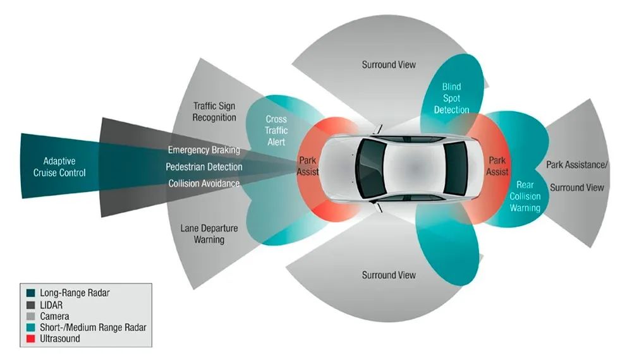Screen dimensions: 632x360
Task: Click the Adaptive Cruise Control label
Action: click(x=59, y=167)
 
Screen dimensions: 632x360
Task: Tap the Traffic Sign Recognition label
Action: click(x=214, y=112)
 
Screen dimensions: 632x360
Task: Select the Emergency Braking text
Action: click(x=204, y=150)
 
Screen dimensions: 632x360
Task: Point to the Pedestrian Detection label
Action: click(x=204, y=167)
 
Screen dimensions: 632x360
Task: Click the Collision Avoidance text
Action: click(x=204, y=183)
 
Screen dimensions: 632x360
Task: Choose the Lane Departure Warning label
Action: click(x=209, y=234)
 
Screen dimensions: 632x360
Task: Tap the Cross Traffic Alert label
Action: click(x=276, y=131)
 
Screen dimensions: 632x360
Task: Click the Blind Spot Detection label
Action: click(x=451, y=98)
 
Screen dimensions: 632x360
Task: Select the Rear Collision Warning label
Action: click(x=525, y=196)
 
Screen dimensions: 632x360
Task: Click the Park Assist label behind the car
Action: click(x=497, y=166)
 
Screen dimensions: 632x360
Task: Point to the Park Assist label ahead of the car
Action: click(x=308, y=166)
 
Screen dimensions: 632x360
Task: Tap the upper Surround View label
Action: click(x=389, y=64)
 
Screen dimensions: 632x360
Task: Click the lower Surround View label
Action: click(x=389, y=275)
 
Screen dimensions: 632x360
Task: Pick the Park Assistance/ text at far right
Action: click(x=577, y=165)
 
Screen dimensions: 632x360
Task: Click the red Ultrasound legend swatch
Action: click(x=30, y=339)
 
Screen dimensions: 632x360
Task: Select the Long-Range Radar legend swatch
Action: click(x=30, y=293)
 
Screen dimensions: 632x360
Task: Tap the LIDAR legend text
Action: click(x=51, y=305)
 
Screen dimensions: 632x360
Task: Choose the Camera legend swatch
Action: click(x=30, y=316)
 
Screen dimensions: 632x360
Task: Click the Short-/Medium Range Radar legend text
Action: click(x=93, y=327)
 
